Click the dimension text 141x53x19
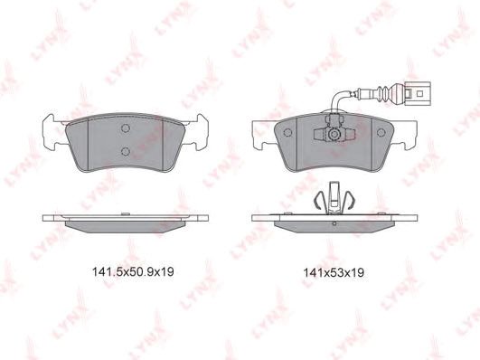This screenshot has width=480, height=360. point(333,270)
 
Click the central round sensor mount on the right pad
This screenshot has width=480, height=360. point(334,136)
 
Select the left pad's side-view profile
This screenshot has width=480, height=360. point(126,218)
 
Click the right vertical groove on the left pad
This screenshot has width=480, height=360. point(164,145)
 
